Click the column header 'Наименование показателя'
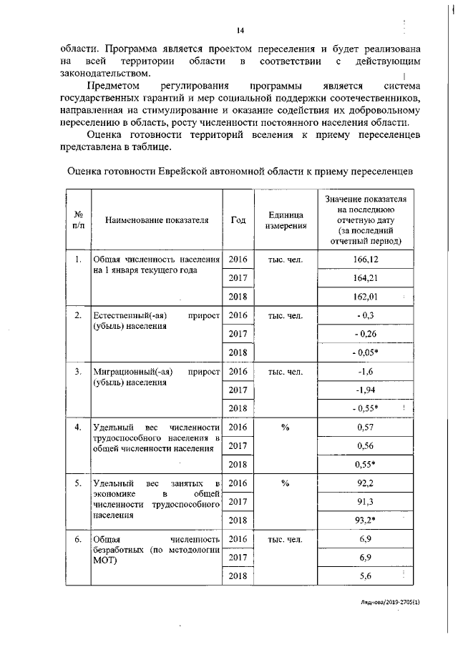coord(157,220)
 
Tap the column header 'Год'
coord(238,220)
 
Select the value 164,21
coord(366,277)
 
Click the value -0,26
coord(366,333)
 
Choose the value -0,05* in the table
coord(366,352)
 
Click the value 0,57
coord(366,427)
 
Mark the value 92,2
coord(366,483)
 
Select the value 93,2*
coord(366,520)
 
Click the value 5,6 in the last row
coord(366,576)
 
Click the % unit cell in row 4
coord(285,427)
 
